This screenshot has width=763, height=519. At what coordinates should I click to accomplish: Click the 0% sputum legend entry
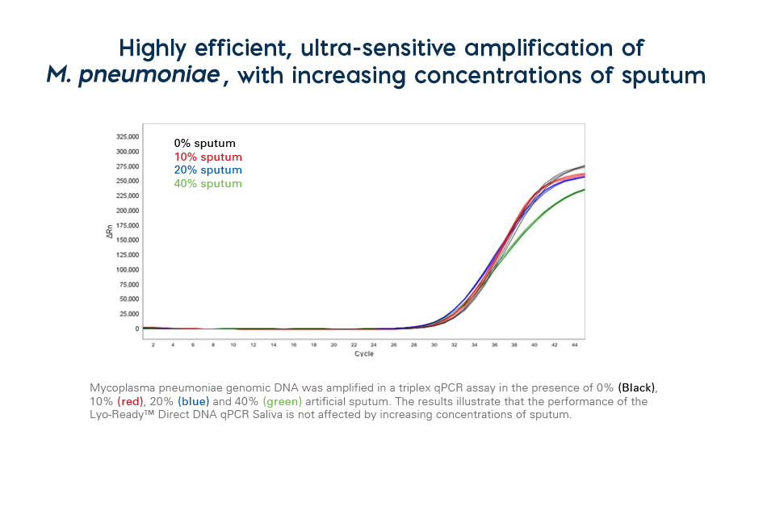coord(204,144)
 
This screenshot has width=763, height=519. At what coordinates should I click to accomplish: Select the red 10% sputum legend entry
coord(208,157)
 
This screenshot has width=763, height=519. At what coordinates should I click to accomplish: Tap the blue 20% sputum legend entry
coord(208,170)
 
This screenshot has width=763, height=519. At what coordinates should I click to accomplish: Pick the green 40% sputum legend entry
coord(208,183)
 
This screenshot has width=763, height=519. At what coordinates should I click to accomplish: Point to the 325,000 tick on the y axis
coord(128,136)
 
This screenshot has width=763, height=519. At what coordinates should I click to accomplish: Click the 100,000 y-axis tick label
coord(128,270)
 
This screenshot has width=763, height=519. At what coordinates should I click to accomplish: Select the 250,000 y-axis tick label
coord(128,181)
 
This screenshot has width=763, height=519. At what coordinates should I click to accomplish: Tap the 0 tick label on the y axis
coord(137,329)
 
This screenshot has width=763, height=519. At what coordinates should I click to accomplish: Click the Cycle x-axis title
coord(364,354)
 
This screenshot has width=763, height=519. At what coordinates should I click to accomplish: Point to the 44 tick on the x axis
coord(574,345)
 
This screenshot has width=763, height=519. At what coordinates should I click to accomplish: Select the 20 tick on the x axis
coord(333,345)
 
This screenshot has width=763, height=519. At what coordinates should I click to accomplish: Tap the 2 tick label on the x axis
coord(153,345)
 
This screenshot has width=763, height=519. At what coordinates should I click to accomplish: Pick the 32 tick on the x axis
coord(454,345)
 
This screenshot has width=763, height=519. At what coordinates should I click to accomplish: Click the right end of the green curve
coord(583,190)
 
